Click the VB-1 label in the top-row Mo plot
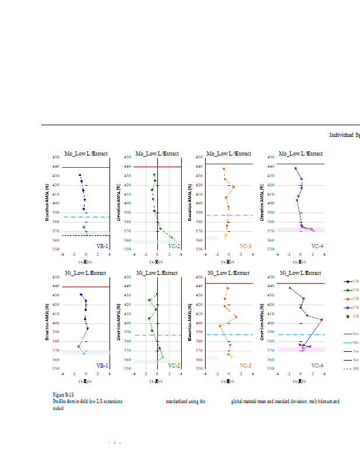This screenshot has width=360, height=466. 102,246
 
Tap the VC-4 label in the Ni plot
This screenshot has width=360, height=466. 317,366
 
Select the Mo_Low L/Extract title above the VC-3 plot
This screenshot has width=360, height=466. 229,154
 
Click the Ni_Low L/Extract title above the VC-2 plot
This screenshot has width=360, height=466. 157,273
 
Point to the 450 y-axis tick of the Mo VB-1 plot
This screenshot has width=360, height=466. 56,157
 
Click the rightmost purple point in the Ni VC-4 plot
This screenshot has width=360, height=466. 322,319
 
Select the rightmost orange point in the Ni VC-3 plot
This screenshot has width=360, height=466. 236,317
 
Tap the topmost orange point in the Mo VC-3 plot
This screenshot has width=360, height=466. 224,169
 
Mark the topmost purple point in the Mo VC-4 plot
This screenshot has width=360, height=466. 295,168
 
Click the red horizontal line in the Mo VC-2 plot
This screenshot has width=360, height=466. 157,167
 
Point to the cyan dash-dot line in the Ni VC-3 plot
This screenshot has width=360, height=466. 229,335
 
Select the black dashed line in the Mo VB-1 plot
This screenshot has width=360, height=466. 86,235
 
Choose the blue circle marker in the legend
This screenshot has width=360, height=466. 348,281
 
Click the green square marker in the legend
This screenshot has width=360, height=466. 348,316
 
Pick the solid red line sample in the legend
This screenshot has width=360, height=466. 348,334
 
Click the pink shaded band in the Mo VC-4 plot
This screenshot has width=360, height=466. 301,230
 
